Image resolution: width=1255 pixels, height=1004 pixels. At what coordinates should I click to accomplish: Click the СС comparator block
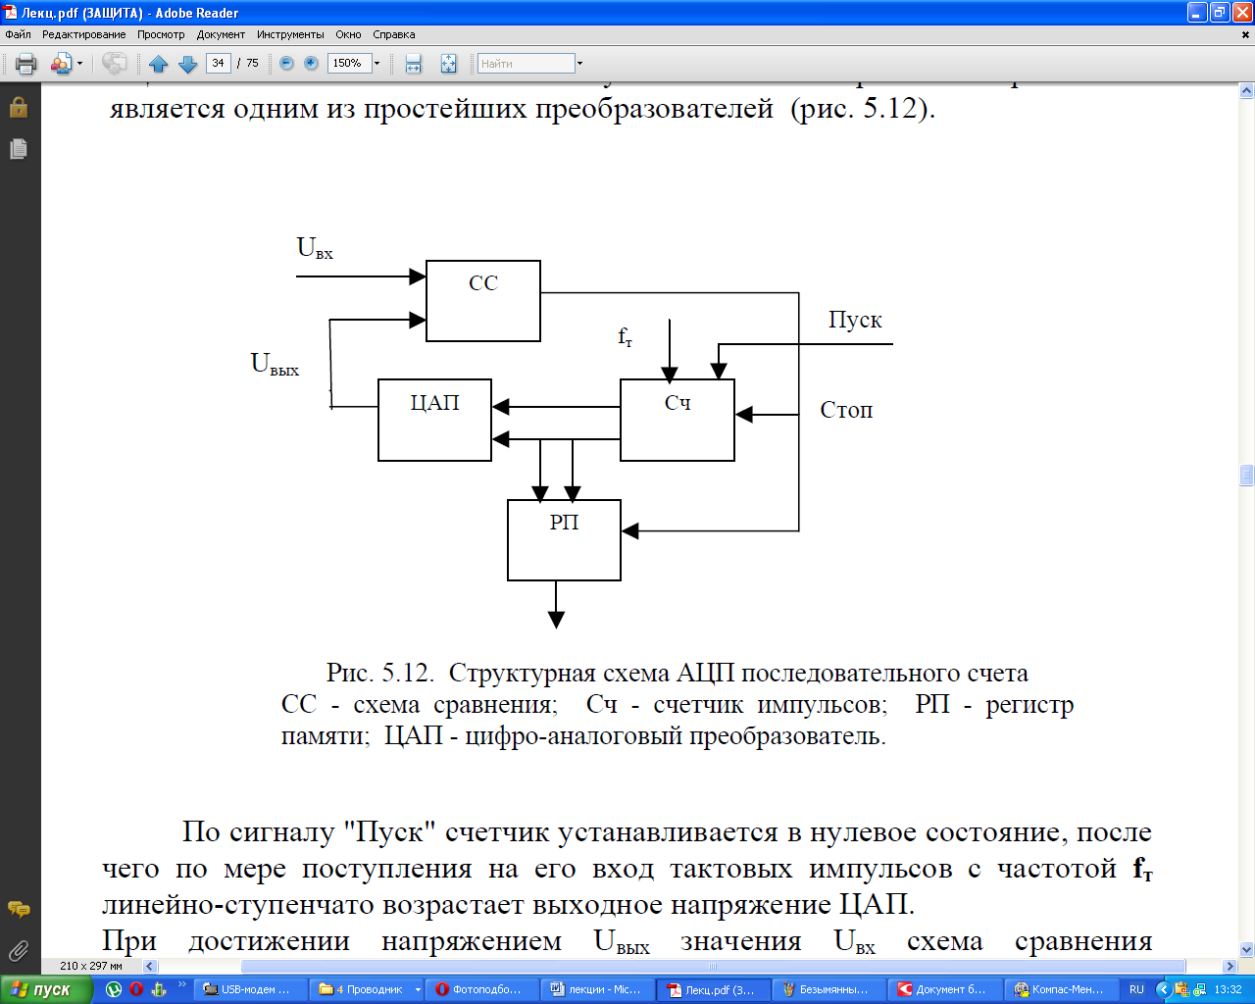pyautogui.click(x=482, y=301)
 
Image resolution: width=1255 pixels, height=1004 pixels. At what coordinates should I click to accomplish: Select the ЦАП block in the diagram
pyautogui.click(x=434, y=420)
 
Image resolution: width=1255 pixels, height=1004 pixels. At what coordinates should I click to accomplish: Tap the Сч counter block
pyautogui.click(x=677, y=420)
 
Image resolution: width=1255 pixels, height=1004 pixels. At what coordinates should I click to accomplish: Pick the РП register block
pyautogui.click(x=564, y=540)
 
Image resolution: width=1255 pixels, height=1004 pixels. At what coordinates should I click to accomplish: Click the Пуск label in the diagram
pyautogui.click(x=855, y=321)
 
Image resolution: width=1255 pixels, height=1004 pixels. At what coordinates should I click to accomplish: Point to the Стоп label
pyautogui.click(x=846, y=410)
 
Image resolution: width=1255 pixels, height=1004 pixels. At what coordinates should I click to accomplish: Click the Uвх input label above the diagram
pyautogui.click(x=315, y=248)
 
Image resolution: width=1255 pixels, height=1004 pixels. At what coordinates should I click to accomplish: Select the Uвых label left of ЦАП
pyautogui.click(x=275, y=365)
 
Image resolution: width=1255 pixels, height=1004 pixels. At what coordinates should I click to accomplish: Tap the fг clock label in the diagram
pyautogui.click(x=625, y=337)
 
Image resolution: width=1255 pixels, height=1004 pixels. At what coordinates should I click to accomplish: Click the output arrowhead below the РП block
pyautogui.click(x=556, y=620)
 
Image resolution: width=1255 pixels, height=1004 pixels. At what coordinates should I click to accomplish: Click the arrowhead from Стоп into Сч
pyautogui.click(x=744, y=415)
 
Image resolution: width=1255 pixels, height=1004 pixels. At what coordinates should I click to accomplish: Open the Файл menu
pyautogui.click(x=18, y=34)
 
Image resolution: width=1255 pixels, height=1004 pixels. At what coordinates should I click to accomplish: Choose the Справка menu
pyautogui.click(x=393, y=34)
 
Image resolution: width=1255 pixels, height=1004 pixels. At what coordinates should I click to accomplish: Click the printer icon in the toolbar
pyautogui.click(x=26, y=64)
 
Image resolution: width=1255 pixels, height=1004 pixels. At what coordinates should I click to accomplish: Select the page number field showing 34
pyautogui.click(x=218, y=64)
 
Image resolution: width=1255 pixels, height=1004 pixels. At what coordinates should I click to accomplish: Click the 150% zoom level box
pyautogui.click(x=348, y=64)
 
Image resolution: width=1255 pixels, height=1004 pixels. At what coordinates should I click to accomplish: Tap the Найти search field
pyautogui.click(x=526, y=64)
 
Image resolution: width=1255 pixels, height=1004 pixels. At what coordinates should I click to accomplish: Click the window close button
pyautogui.click(x=1240, y=12)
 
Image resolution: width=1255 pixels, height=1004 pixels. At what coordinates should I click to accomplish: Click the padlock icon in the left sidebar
pyautogui.click(x=19, y=107)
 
